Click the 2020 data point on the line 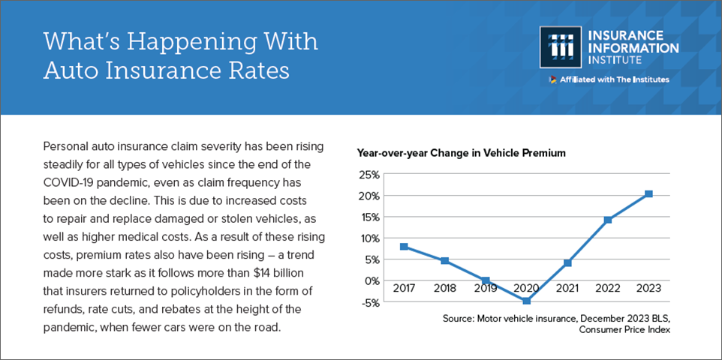(527, 301)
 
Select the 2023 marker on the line (648, 194)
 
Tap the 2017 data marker (404, 247)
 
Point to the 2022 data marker (608, 220)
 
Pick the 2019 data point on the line (486, 280)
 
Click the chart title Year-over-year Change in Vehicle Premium (461, 153)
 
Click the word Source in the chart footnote (458, 319)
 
